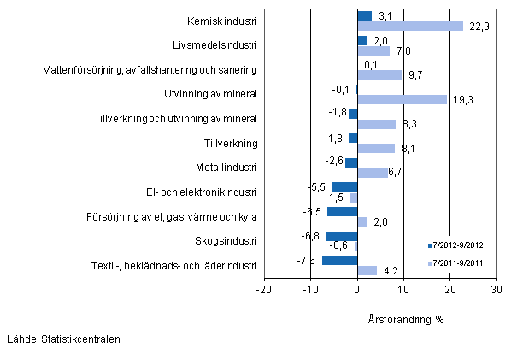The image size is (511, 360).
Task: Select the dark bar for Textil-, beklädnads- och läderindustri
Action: click(340, 261)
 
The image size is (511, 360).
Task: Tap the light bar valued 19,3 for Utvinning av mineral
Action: click(402, 99)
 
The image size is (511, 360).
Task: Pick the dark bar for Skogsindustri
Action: click(342, 236)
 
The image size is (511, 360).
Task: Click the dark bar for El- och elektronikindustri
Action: click(344, 187)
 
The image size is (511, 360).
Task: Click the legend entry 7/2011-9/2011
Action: click(461, 263)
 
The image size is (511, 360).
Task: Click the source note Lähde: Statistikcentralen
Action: click(62, 339)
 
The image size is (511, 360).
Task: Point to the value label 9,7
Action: click(417, 75)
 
